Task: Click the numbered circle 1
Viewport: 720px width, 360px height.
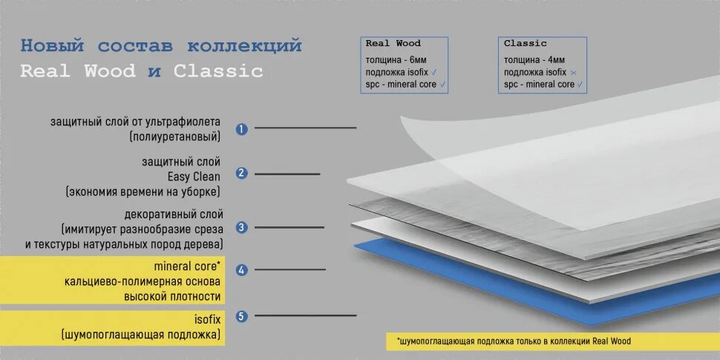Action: pyautogui.click(x=241, y=129)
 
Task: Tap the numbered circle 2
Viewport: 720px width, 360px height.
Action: pyautogui.click(x=241, y=174)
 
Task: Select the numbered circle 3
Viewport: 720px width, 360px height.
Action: pyautogui.click(x=241, y=227)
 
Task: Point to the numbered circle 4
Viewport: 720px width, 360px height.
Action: pyautogui.click(x=241, y=269)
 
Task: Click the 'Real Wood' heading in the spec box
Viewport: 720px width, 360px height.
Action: pyautogui.click(x=393, y=44)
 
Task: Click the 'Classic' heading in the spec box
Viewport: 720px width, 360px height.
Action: pyautogui.click(x=526, y=44)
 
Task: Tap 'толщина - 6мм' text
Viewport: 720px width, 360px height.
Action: pyautogui.click(x=396, y=59)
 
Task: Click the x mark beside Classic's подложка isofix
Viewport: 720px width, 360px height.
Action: pyautogui.click(x=573, y=73)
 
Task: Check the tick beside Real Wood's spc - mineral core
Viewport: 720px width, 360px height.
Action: pyautogui.click(x=443, y=85)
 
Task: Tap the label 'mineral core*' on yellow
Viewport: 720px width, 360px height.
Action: pyautogui.click(x=187, y=265)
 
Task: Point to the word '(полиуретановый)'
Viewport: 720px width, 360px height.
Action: pyautogui.click(x=174, y=137)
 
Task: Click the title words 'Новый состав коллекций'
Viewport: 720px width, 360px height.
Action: pyautogui.click(x=160, y=46)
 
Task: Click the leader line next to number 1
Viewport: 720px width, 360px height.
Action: pyautogui.click(x=305, y=128)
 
